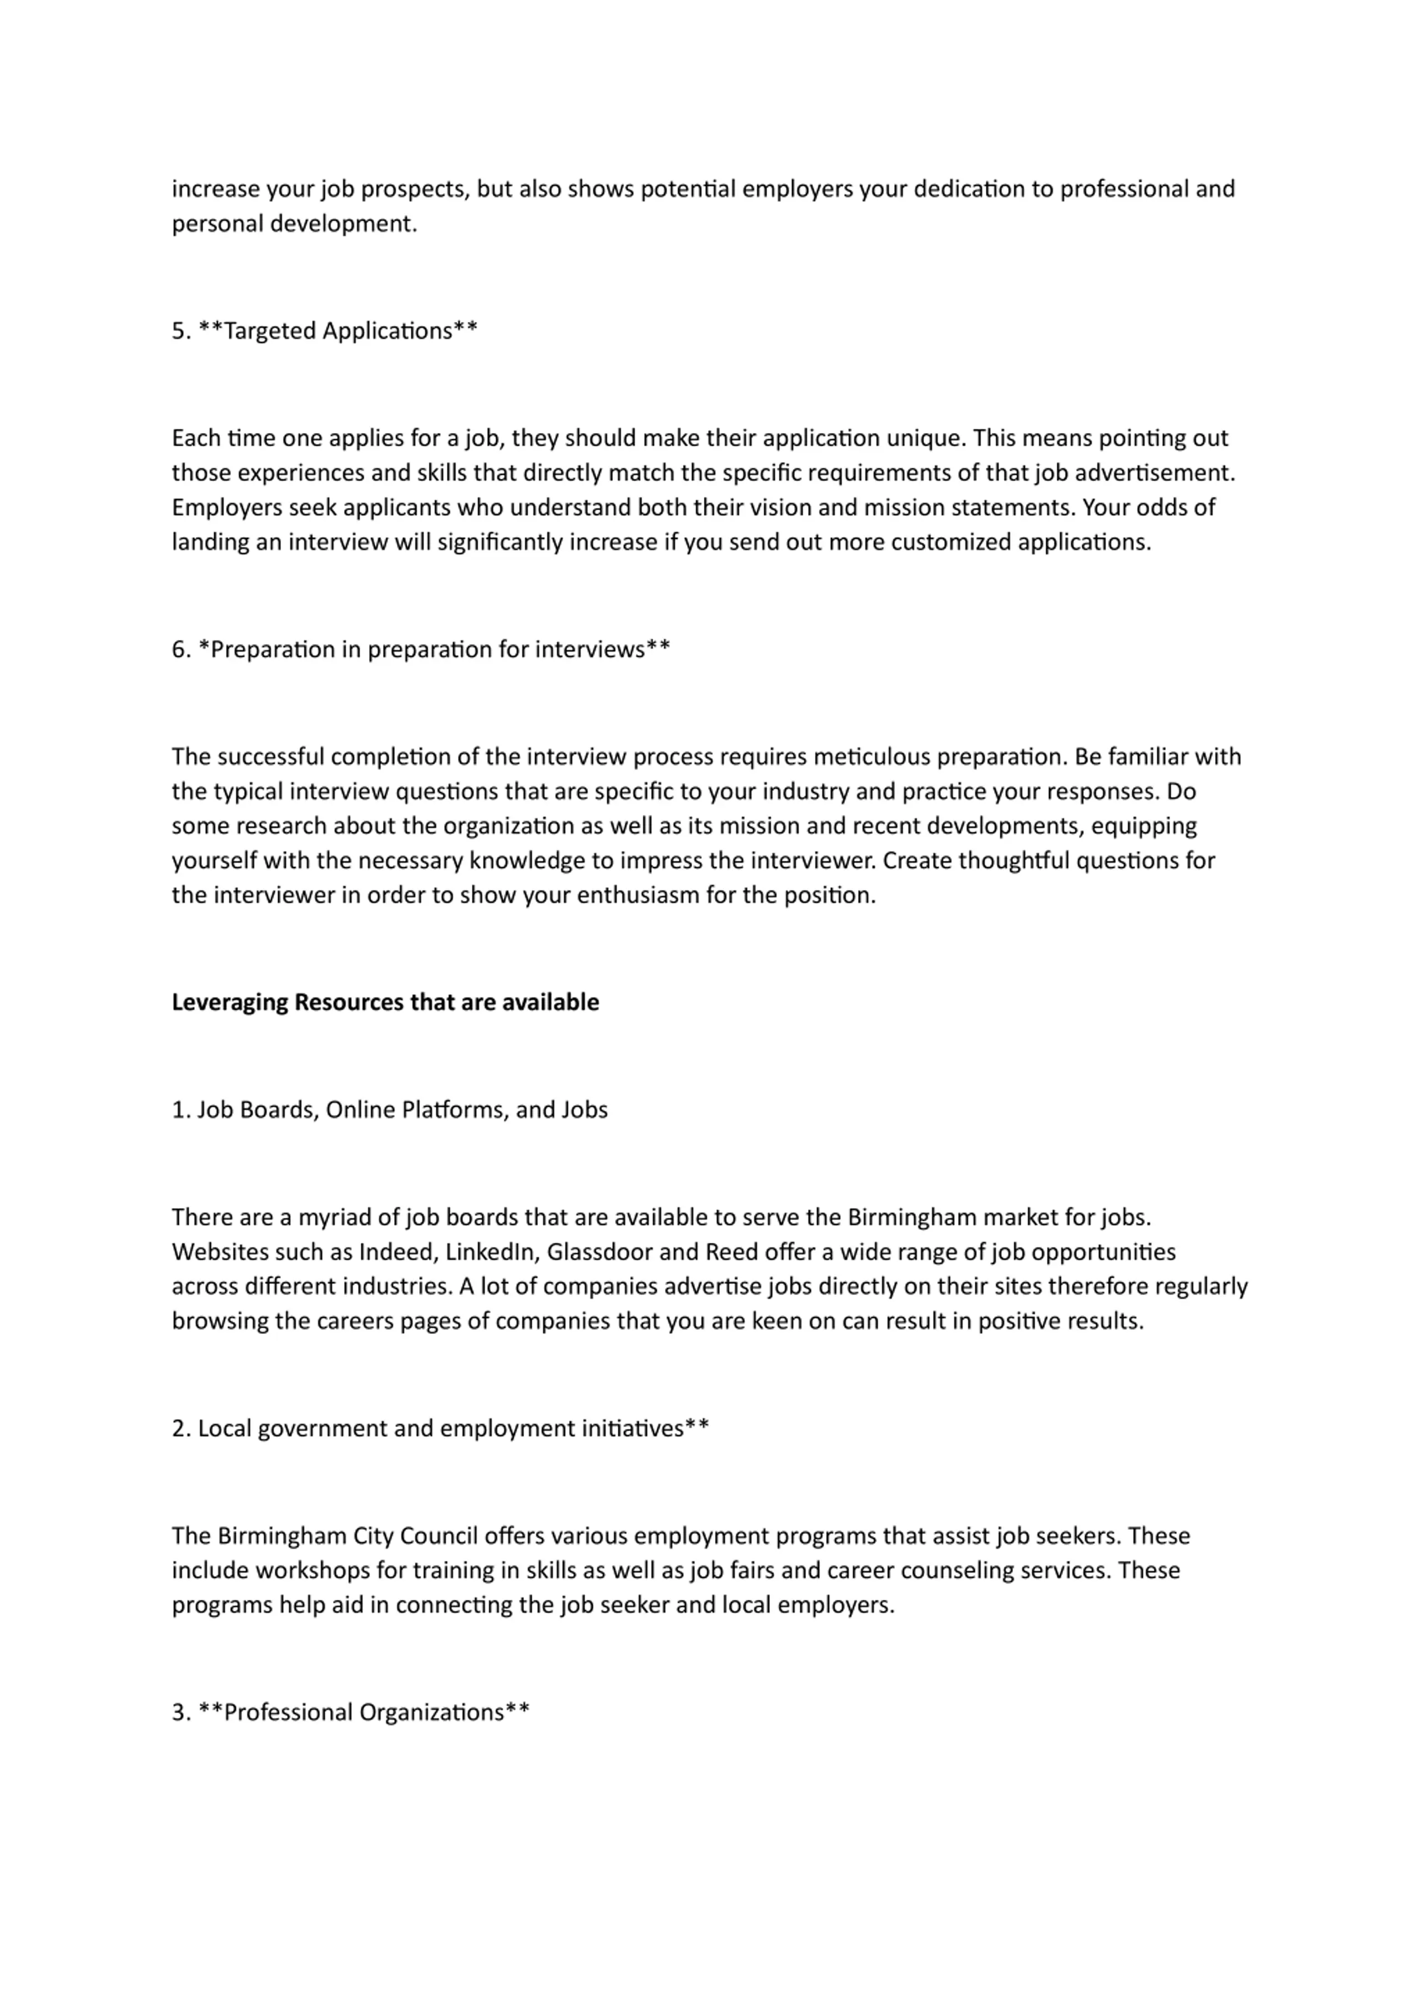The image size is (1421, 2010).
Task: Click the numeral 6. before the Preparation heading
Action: click(180, 649)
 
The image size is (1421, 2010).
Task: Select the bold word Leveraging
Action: click(229, 1003)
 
